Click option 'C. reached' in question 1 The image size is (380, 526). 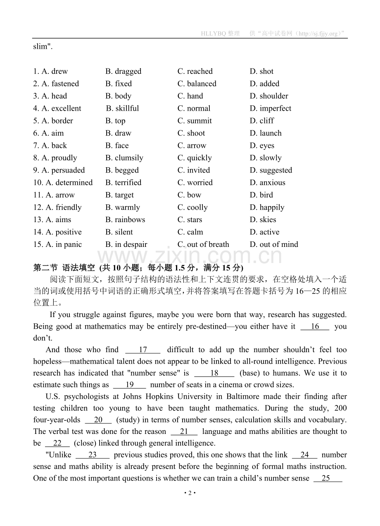point(195,71)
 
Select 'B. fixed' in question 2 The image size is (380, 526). point(119,84)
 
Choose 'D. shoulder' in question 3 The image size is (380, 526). point(269,96)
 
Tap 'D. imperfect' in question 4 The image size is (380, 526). point(271,109)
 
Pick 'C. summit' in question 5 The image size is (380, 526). point(195,121)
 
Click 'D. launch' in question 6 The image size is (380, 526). point(266,133)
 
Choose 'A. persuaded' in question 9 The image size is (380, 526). point(59,171)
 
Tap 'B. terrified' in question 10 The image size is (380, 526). point(123,183)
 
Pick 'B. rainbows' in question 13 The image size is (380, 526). point(125,220)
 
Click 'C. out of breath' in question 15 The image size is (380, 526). point(203,245)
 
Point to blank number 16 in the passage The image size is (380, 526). point(315,327)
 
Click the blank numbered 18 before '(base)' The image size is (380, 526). point(214,373)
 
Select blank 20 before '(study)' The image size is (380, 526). point(98,420)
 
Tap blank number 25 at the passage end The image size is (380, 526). point(328,479)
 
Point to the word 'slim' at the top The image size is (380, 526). point(40,47)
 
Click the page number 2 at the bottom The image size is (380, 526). point(190,493)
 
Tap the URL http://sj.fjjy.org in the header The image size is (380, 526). point(316,33)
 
